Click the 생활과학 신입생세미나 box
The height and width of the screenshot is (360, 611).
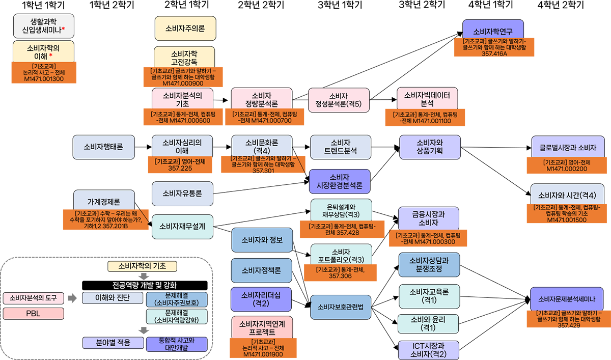[x=44, y=25]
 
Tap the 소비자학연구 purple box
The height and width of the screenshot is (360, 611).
[x=493, y=31]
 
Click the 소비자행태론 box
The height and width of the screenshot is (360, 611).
[x=103, y=146]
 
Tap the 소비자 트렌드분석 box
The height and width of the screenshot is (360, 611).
[x=340, y=147]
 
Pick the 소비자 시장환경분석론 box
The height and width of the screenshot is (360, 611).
[x=339, y=182]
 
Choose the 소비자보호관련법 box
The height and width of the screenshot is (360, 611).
[x=340, y=307]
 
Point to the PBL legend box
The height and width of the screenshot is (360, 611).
[x=33, y=314]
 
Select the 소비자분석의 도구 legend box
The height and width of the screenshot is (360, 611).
[x=33, y=297]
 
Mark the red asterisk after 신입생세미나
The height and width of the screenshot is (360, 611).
[x=64, y=30]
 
